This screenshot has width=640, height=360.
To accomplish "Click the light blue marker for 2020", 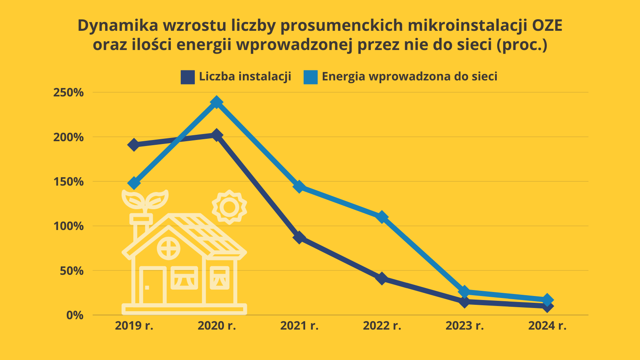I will pyautogui.click(x=216, y=102).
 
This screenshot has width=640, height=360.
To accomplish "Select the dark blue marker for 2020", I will pyautogui.click(x=216, y=135).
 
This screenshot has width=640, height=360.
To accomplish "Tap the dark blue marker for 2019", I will pyautogui.click(x=134, y=145).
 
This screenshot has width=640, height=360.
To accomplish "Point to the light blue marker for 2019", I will pyautogui.click(x=134, y=183).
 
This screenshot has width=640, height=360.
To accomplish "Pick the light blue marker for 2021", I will pyautogui.click(x=299, y=186).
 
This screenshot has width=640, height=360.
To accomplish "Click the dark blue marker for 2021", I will pyautogui.click(x=299, y=238).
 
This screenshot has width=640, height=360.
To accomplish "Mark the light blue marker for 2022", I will pyautogui.click(x=382, y=217).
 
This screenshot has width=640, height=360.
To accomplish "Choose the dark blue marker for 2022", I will pyautogui.click(x=382, y=278).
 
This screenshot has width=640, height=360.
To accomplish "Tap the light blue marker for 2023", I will pyautogui.click(x=464, y=291).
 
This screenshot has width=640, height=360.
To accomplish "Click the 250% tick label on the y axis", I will pyautogui.click(x=68, y=93).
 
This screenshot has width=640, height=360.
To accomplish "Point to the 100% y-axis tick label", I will pyautogui.click(x=68, y=226).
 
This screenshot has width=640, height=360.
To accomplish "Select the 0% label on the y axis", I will pyautogui.click(x=75, y=315).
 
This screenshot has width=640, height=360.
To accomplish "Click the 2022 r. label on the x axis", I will pyautogui.click(x=382, y=326).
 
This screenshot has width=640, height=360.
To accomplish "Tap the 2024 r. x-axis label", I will pyautogui.click(x=547, y=326).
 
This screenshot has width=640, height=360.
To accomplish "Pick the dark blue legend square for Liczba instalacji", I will pyautogui.click(x=188, y=77).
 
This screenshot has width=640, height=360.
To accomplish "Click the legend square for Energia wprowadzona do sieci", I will pyautogui.click(x=310, y=77).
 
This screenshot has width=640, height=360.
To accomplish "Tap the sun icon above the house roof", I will pyautogui.click(x=229, y=207).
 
